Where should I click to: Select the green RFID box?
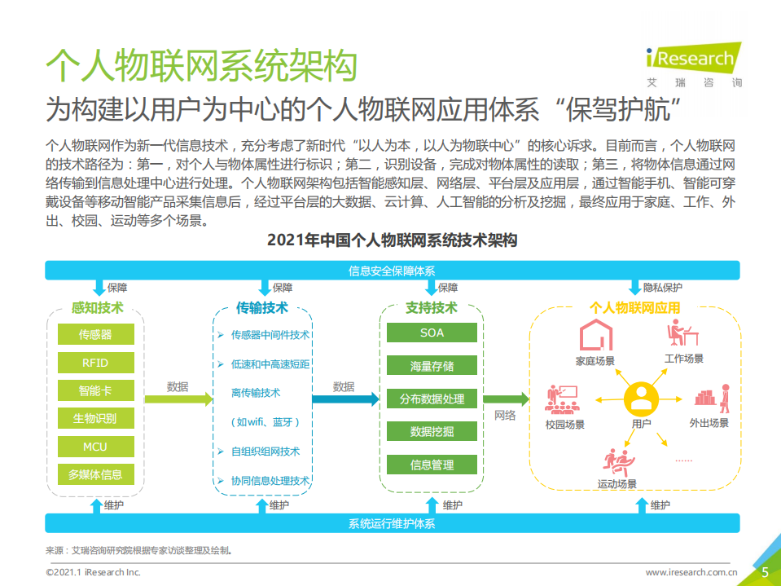click(x=95, y=363)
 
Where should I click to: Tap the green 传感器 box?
click(x=95, y=334)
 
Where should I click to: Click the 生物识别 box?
click(x=95, y=419)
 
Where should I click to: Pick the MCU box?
click(x=95, y=447)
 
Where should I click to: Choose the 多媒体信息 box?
click(x=95, y=474)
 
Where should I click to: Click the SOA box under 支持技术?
click(x=432, y=333)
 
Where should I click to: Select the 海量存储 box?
click(x=432, y=366)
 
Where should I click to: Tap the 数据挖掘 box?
click(x=432, y=432)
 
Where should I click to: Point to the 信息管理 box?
click(x=432, y=465)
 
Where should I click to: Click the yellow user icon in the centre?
click(x=641, y=399)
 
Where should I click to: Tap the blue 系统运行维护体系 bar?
click(x=392, y=523)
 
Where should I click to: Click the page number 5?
click(x=765, y=572)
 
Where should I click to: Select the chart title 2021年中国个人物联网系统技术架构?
click(x=392, y=241)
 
